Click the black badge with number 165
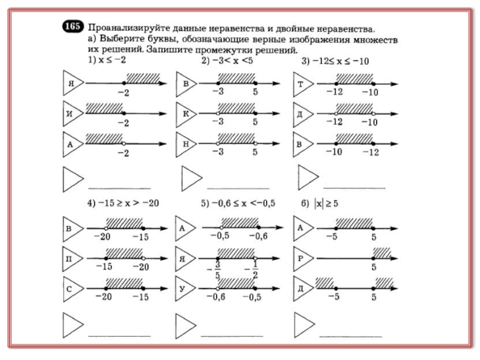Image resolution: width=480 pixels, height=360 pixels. pyautogui.click(x=73, y=26)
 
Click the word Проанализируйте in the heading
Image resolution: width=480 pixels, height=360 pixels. pyautogui.click(x=128, y=28)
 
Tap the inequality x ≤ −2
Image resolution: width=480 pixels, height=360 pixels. pyautogui.click(x=112, y=59)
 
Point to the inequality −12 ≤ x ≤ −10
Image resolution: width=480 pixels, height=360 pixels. pyautogui.click(x=340, y=61)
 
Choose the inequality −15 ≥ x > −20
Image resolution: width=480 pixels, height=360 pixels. pyautogui.click(x=128, y=203)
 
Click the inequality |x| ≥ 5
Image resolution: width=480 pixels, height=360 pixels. pyautogui.click(x=326, y=203)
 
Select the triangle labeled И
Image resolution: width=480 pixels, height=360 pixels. pyautogui.click(x=73, y=113)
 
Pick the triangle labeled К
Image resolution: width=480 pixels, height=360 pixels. pyautogui.click(x=186, y=114)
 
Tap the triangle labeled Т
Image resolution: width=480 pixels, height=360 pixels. pyautogui.click(x=303, y=84)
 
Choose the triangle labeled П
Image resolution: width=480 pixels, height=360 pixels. pyautogui.click(x=73, y=259)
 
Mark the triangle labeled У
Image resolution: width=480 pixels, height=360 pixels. pyautogui.click(x=185, y=289)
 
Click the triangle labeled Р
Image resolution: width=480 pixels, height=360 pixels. pyautogui.click(x=304, y=259)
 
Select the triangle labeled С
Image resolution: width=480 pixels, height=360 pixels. pyautogui.click(x=73, y=289)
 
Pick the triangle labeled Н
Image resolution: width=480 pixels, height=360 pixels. pyautogui.click(x=186, y=144)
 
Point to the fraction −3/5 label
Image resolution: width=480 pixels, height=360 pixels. pyautogui.click(x=215, y=269)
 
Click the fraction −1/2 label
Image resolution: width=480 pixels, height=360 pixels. pyautogui.click(x=252, y=269)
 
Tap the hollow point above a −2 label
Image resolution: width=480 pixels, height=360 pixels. pyautogui.click(x=124, y=143)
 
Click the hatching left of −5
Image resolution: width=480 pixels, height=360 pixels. pyautogui.click(x=325, y=283)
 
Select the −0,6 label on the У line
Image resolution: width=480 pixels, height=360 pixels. pyautogui.click(x=216, y=296)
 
